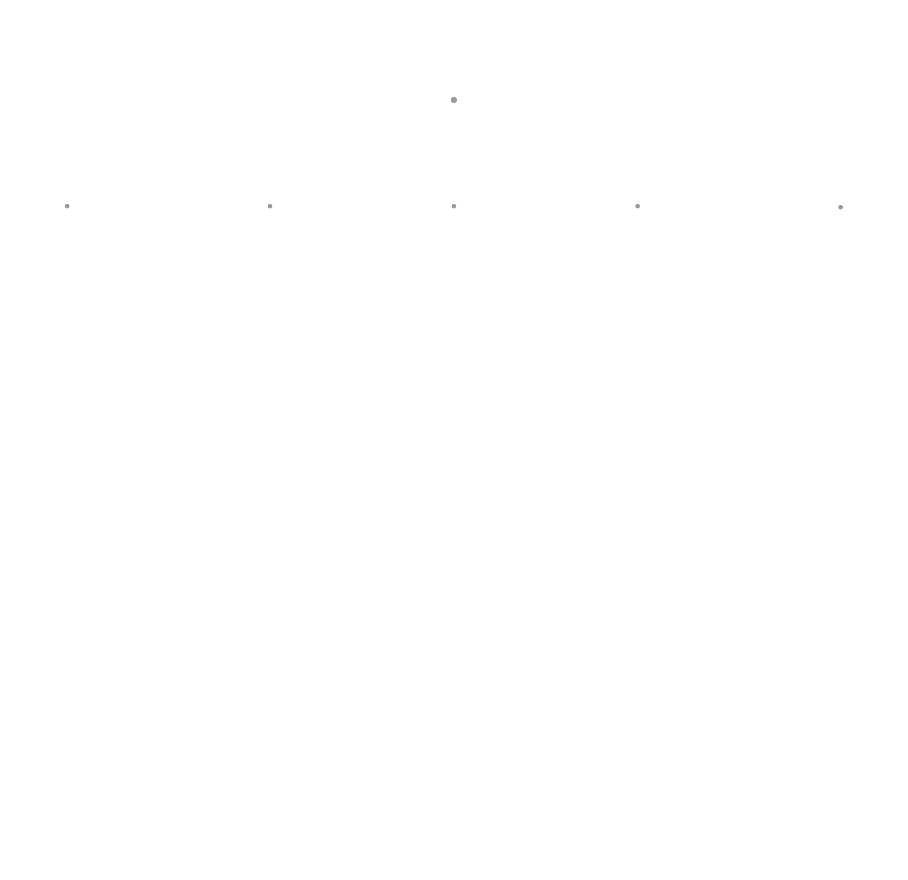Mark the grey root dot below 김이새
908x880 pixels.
pyautogui.click(x=454, y=100)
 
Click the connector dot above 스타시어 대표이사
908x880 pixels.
pyautogui.click(x=454, y=206)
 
